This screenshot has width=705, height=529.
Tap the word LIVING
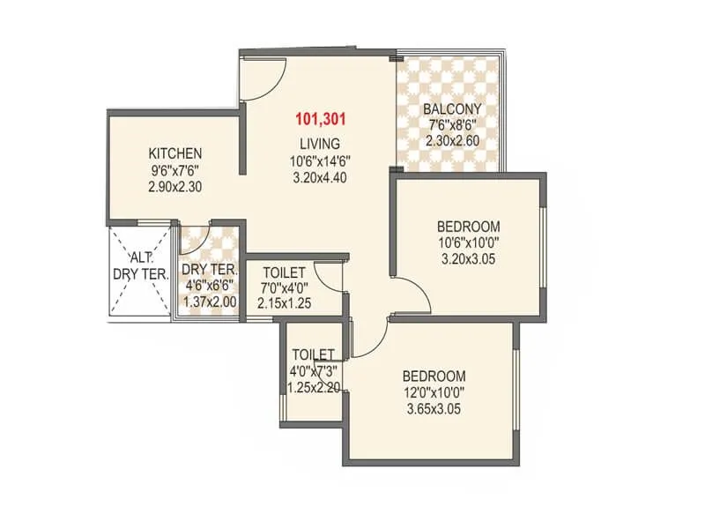(x=319, y=144)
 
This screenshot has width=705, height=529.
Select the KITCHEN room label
(x=174, y=153)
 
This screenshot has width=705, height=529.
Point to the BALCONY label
(x=451, y=110)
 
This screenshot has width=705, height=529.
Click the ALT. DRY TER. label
(x=140, y=266)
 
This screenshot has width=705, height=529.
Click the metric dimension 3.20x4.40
(x=319, y=176)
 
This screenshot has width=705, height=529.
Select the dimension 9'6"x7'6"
(x=174, y=168)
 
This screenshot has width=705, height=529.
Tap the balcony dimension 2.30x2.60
(x=451, y=140)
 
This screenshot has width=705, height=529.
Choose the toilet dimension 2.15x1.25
(x=286, y=303)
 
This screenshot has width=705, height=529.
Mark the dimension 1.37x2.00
(x=209, y=302)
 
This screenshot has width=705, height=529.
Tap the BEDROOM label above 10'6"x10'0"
(x=469, y=225)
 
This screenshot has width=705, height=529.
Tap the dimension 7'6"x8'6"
(x=451, y=125)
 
